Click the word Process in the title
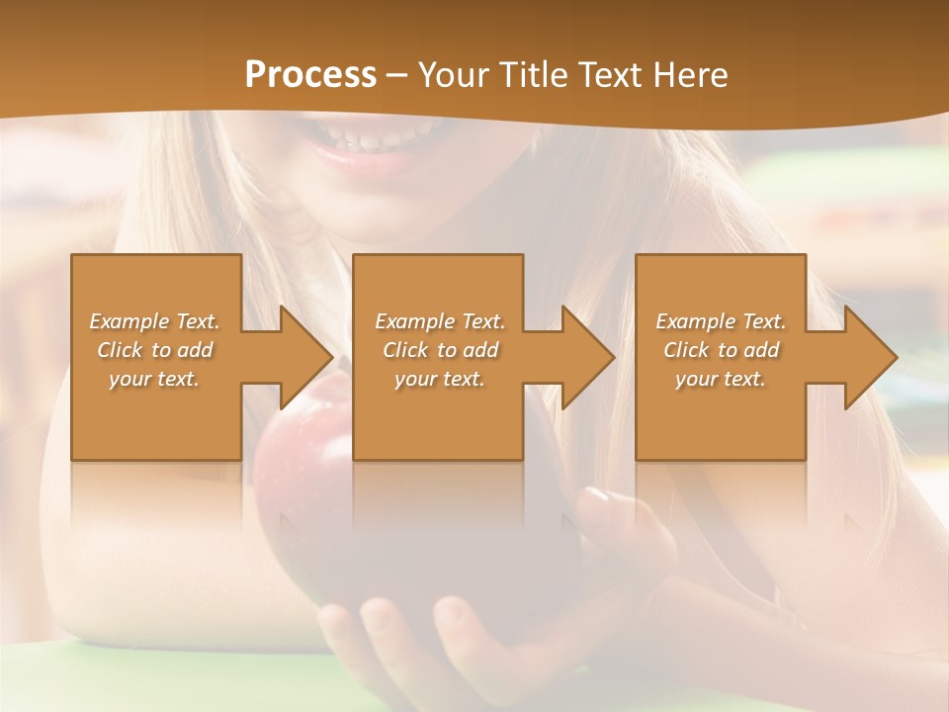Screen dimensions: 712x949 click(x=310, y=75)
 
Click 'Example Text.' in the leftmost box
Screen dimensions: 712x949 click(x=154, y=321)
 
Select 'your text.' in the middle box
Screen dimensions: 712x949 click(x=439, y=379)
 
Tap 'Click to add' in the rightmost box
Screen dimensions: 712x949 click(x=721, y=350)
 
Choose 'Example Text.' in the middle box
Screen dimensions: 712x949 click(x=439, y=321)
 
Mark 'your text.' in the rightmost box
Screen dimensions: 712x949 click(x=721, y=379)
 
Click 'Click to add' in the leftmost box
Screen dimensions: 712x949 click(x=154, y=350)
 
